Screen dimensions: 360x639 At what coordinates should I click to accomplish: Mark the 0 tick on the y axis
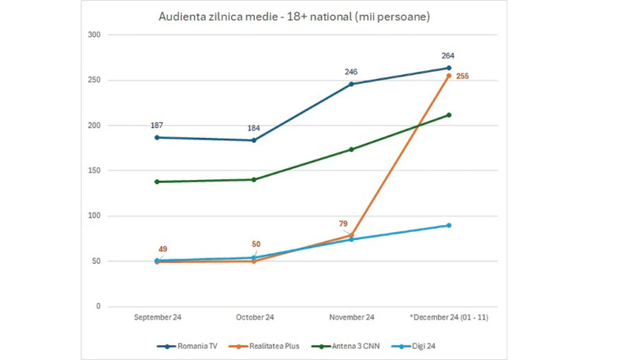(99, 306)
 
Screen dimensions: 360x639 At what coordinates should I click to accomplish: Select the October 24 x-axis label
(254, 318)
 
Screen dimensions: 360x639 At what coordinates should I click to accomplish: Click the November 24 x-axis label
(351, 318)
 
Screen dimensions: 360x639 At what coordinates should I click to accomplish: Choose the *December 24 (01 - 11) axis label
(448, 318)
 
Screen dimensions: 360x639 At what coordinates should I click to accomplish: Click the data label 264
(448, 56)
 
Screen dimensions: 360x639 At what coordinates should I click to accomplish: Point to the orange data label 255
(463, 77)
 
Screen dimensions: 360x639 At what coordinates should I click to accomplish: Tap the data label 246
(351, 72)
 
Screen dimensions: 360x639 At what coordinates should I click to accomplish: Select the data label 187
(156, 126)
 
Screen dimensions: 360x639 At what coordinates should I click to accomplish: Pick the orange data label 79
(343, 224)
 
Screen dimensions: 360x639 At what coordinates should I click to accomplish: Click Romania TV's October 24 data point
(254, 141)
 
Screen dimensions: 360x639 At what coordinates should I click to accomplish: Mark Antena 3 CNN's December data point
(449, 115)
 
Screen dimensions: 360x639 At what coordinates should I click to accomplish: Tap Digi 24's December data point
(449, 226)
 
